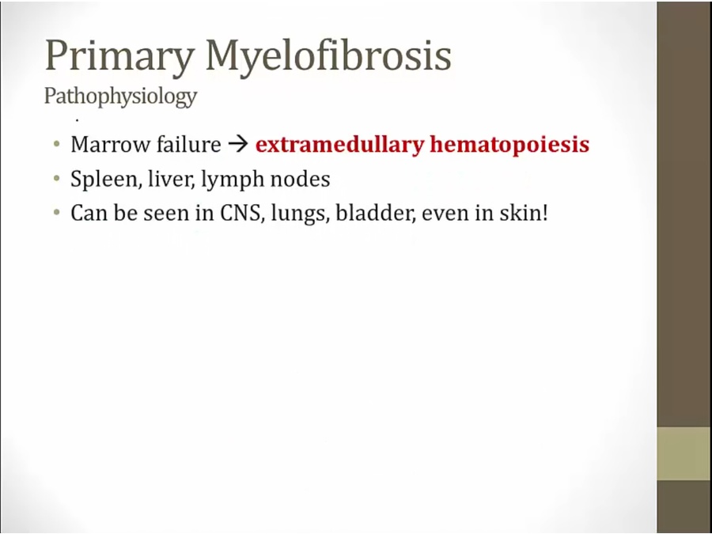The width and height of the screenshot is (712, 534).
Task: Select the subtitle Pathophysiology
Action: pos(121,97)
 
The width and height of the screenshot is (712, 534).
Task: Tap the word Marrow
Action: pos(110,145)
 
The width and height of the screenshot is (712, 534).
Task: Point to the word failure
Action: pos(189,144)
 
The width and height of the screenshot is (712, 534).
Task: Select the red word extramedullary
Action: pos(339,145)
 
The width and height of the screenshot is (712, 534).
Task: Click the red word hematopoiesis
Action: pos(509,145)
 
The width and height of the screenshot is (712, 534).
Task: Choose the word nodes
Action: pos(300,179)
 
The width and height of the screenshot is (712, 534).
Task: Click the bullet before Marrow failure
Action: pos(56,145)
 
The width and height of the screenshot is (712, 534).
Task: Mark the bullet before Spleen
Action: pos(56,179)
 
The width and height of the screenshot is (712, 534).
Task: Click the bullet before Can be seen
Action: pos(56,213)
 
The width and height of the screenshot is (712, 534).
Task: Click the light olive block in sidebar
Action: pos(684,453)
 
